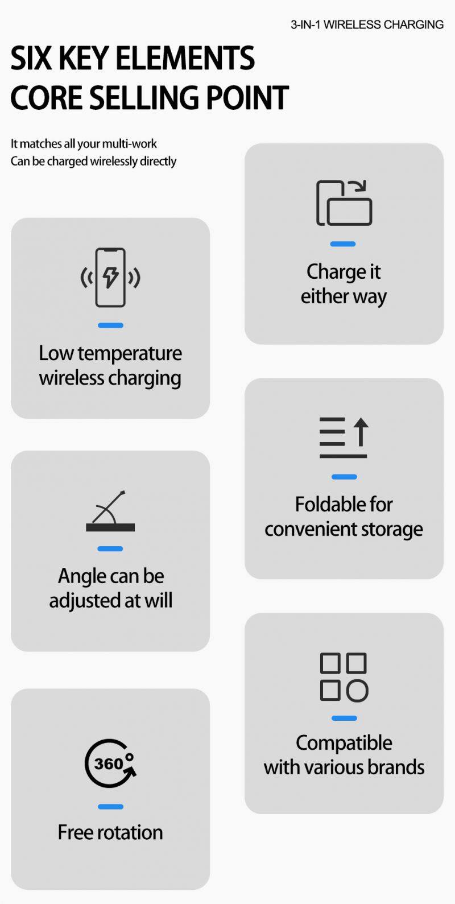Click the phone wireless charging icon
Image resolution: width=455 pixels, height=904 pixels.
(x=110, y=277)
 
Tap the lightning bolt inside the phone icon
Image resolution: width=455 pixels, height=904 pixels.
(x=110, y=276)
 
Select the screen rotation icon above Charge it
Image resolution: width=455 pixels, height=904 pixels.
(x=344, y=203)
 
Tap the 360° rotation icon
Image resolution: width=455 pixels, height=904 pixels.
(x=110, y=763)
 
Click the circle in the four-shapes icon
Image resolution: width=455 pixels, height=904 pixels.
(x=357, y=691)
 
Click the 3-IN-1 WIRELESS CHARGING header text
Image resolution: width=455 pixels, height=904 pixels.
(x=367, y=24)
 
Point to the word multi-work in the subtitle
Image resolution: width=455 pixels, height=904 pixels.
(x=129, y=144)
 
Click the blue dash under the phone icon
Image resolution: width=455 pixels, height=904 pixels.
(x=110, y=325)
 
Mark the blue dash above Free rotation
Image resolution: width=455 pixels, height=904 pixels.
(x=110, y=806)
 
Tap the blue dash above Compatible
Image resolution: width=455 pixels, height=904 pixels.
(x=344, y=718)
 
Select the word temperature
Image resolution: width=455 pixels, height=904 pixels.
(x=130, y=353)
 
